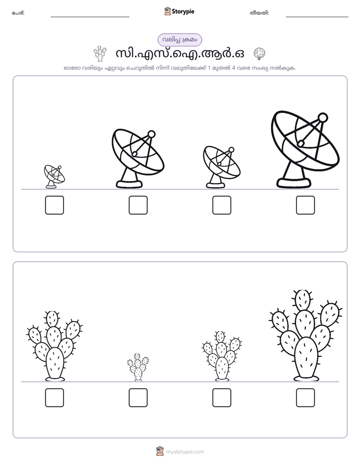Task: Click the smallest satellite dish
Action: [54, 177]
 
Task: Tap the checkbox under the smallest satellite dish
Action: [54, 205]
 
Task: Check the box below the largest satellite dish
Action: [306, 205]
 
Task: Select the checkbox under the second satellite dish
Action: [138, 205]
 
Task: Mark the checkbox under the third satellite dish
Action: [221, 205]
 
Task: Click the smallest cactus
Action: [138, 367]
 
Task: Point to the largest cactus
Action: [306, 336]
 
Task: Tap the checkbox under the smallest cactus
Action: [138, 397]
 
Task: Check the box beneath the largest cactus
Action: [306, 397]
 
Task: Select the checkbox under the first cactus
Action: [54, 397]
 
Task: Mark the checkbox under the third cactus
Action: [221, 397]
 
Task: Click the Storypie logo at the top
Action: [179, 12]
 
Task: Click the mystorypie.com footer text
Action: [185, 452]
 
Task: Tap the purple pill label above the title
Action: [179, 40]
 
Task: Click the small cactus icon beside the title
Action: [100, 54]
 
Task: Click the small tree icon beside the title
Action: [259, 54]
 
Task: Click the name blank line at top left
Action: [90, 17]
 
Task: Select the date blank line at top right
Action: [317, 17]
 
